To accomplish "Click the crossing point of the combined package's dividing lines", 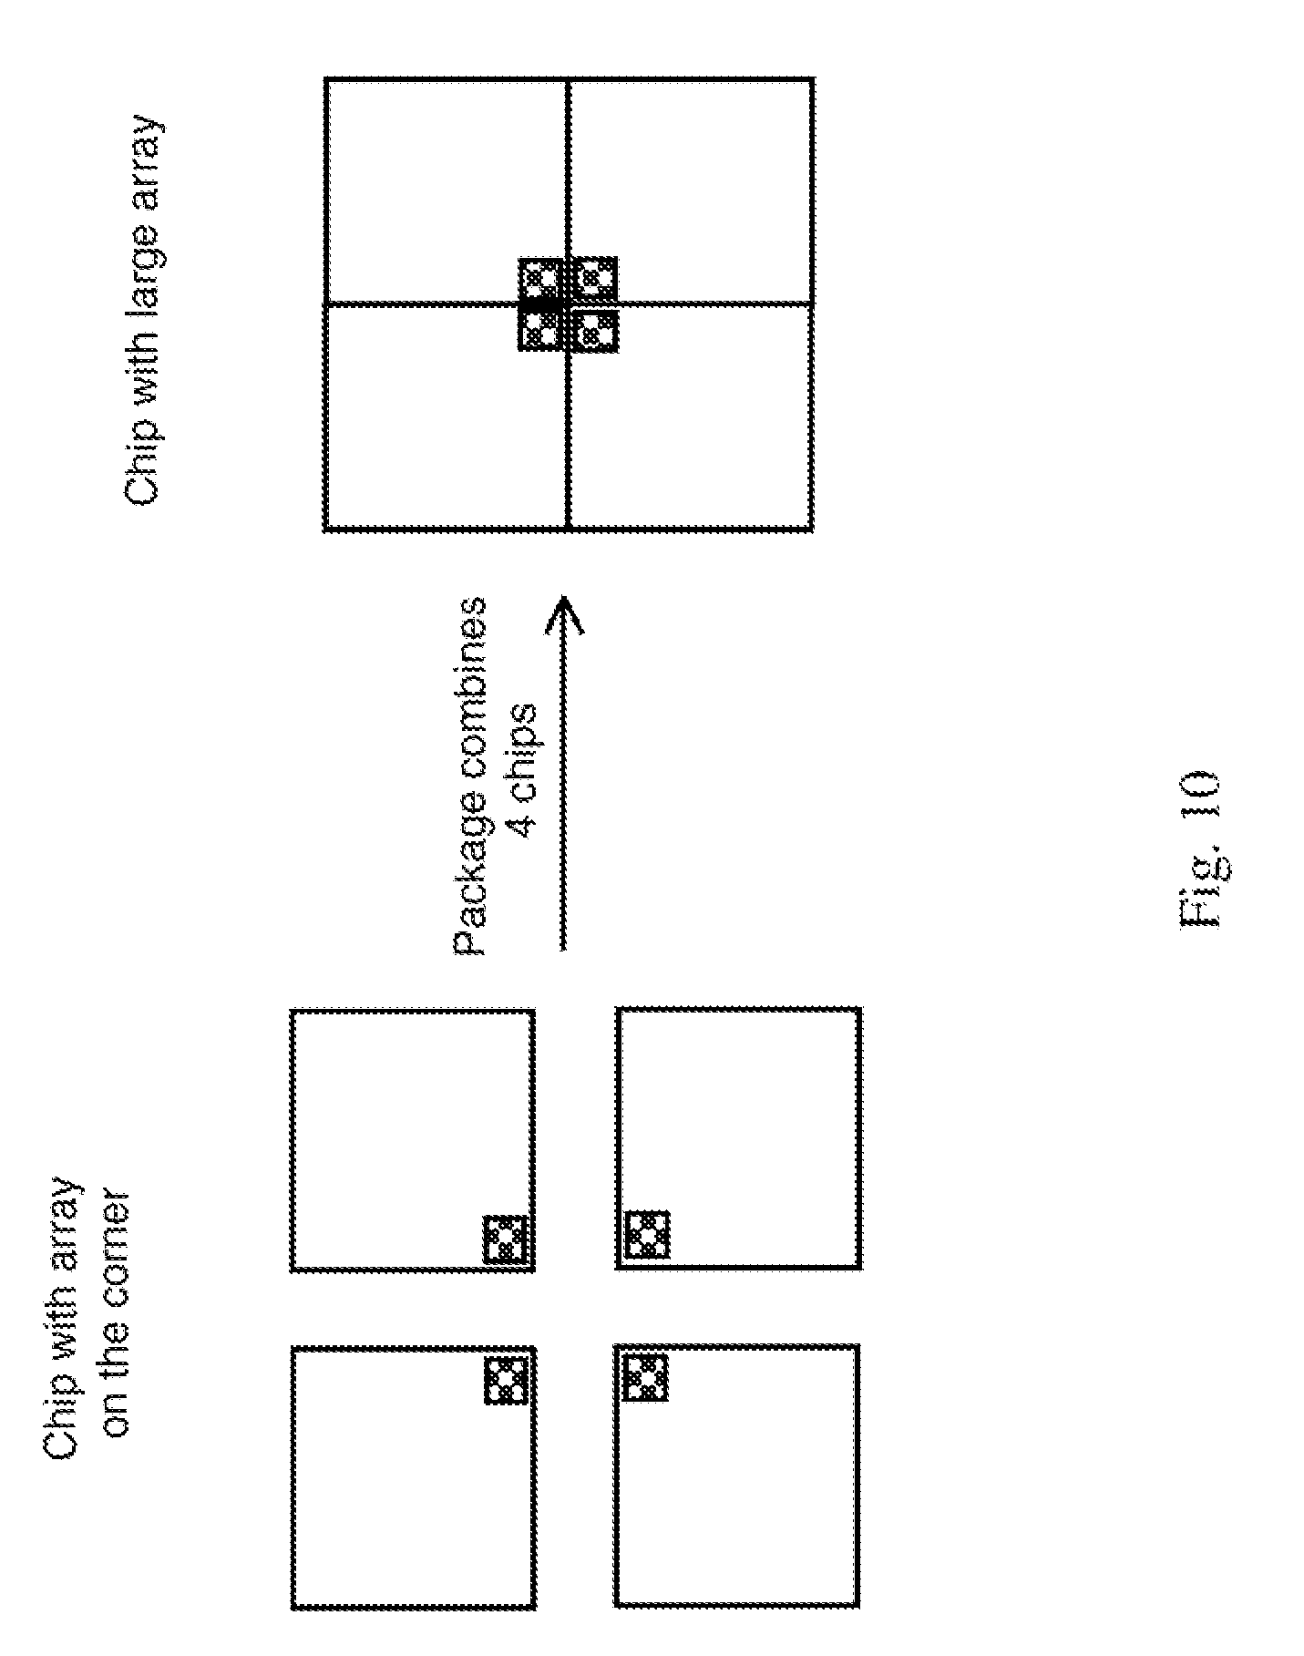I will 568,303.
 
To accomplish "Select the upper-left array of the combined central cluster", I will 540,331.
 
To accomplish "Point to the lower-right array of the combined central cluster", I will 596,278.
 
